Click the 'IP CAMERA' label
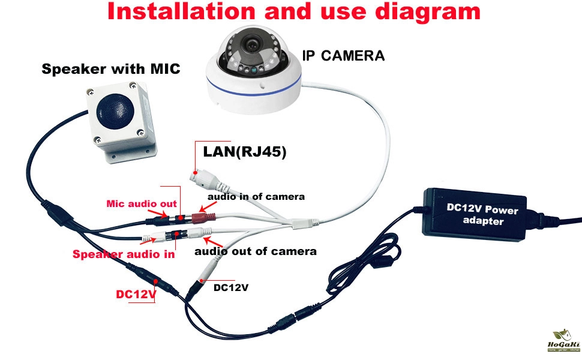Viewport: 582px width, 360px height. click(343, 56)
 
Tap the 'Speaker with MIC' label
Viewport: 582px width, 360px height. click(110, 69)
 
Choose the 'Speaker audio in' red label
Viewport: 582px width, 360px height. click(124, 254)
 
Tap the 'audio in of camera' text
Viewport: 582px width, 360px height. click(256, 196)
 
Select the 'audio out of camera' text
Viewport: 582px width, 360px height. click(255, 251)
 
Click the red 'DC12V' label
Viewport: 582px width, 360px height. click(136, 295)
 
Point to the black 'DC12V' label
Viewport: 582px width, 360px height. click(231, 287)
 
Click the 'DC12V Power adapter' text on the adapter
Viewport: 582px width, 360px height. click(482, 214)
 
